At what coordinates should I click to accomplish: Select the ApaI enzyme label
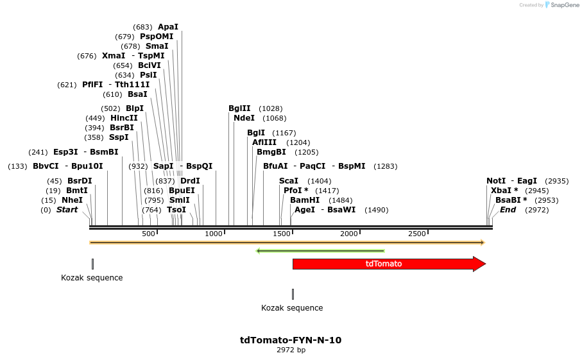pos(168,27)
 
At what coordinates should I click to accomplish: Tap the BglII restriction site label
pos(239,108)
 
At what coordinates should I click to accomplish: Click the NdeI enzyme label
pos(244,118)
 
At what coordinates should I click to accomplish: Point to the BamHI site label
pos(305,200)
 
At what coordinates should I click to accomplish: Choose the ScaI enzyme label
pos(289,181)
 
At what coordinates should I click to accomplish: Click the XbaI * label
pos(504,191)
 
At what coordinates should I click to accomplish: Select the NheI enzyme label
pos(72,200)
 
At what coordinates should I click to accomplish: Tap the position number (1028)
pos(271,108)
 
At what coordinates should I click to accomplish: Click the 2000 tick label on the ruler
pos(349,234)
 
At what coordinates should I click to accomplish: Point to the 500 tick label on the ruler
pos(148,234)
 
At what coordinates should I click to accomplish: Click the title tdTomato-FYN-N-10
pos(291,340)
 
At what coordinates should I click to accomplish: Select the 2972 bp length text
pos(291,350)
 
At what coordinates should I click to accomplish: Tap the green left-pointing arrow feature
pos(320,251)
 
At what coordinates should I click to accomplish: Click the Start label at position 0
pos(67,210)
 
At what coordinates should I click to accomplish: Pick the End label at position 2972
pos(508,210)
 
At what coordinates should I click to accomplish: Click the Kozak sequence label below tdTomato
pos(292,308)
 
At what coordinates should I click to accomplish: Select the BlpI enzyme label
pos(135,108)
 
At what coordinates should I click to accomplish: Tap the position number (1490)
pos(376,210)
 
